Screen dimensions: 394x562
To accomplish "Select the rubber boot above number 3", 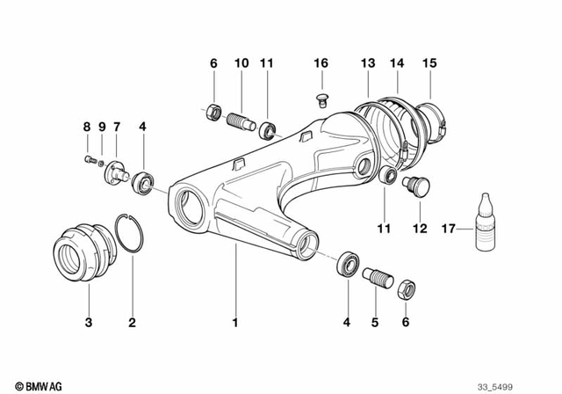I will point(82,253).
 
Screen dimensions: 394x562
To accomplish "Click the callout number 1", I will point(235,323).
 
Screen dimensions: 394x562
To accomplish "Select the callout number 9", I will point(102,127).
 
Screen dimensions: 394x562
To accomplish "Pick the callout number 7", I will point(116,127).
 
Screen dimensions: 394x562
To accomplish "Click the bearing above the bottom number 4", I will point(348,264).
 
